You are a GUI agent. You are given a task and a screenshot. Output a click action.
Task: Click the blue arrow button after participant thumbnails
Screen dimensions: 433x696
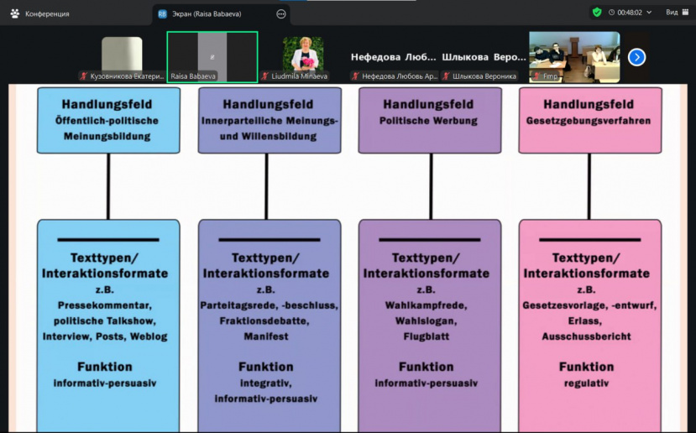(x=637, y=57)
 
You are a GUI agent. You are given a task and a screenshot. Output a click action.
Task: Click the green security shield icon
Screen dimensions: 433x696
(x=596, y=13)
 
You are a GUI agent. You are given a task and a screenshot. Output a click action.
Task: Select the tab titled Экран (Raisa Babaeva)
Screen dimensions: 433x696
(x=206, y=13)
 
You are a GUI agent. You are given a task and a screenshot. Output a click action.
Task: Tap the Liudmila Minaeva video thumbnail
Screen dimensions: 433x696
(x=302, y=55)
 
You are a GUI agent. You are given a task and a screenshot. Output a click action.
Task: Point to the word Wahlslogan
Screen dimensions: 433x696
(x=426, y=320)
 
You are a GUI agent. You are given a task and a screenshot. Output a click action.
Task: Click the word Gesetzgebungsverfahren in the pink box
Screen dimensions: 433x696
(x=589, y=121)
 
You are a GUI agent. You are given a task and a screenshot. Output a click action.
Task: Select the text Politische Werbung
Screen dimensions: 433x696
(x=429, y=121)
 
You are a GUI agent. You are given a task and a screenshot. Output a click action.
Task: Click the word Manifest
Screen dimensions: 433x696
(x=266, y=336)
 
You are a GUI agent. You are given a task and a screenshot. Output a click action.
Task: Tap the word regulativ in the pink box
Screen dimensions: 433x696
(x=587, y=383)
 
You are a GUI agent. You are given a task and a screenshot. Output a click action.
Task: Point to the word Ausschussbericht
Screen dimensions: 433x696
(x=588, y=336)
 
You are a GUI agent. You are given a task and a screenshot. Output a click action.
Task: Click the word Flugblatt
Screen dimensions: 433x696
(x=426, y=336)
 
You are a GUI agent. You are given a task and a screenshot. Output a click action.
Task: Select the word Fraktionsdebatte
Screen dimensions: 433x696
(x=267, y=321)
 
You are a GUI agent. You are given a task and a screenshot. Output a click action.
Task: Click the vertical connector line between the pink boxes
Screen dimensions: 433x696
(x=589, y=185)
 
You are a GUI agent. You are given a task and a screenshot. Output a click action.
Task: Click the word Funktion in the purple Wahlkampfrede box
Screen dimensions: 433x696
(x=426, y=367)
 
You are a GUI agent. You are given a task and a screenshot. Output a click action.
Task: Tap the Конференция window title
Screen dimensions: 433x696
(x=47, y=13)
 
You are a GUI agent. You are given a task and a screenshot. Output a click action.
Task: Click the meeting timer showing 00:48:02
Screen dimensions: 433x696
(x=625, y=13)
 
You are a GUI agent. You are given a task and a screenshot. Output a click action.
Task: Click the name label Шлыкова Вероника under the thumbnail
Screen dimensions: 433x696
(x=484, y=76)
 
